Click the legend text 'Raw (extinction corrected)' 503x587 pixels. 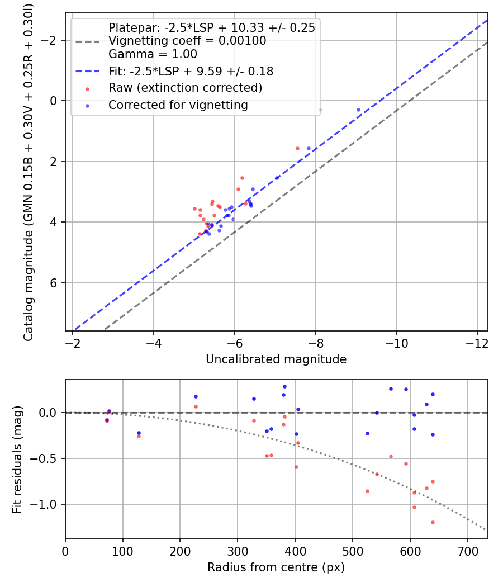point(185,88)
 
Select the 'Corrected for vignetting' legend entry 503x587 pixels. point(178,105)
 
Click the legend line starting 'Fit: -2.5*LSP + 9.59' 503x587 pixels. point(191,71)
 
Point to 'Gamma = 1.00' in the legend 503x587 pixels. point(153,54)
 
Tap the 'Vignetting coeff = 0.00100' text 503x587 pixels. point(187,41)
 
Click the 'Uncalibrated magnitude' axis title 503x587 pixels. point(276,359)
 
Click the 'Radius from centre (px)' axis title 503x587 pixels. point(276,567)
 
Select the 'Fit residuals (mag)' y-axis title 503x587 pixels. point(17,460)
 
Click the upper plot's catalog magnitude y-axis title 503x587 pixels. point(29,172)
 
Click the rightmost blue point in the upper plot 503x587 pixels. point(358,110)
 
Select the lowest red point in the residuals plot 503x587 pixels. point(433,522)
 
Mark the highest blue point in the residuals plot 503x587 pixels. point(284,386)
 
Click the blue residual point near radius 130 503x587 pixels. point(139,433)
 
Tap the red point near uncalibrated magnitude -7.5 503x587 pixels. point(297,148)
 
